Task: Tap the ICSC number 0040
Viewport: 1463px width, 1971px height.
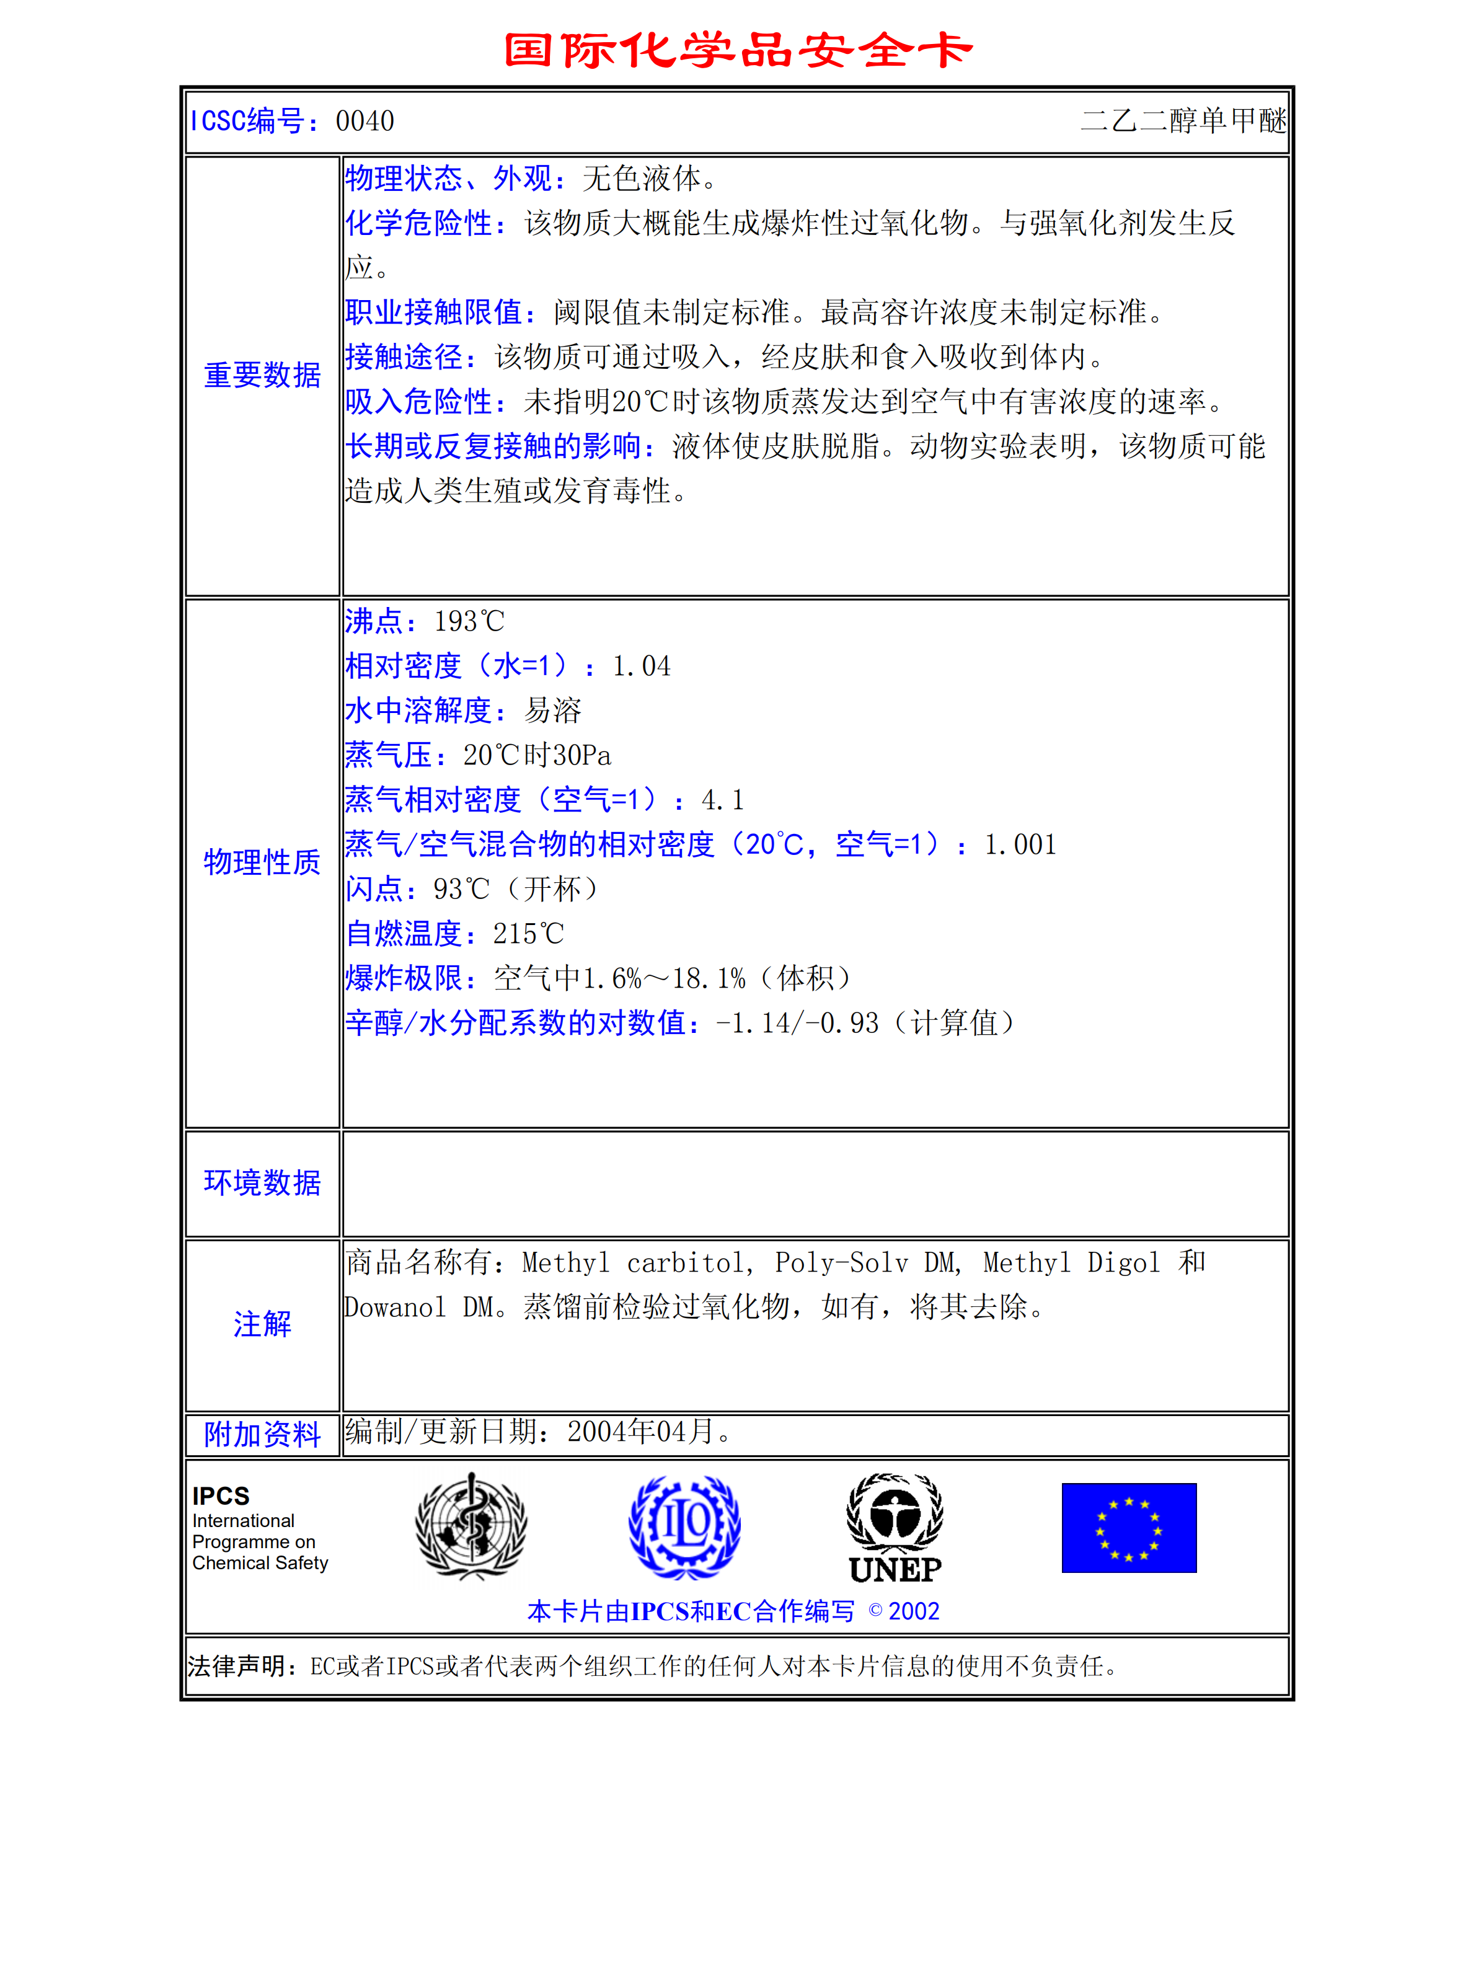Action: (365, 122)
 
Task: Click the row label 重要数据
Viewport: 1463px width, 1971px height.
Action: (262, 376)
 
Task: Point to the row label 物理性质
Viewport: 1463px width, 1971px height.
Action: (262, 862)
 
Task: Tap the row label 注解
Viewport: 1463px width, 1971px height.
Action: (262, 1324)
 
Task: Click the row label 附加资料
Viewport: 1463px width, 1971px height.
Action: (262, 1434)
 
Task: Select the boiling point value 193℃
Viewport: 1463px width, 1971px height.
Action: (469, 622)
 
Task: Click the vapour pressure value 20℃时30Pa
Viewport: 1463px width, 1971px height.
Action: (537, 756)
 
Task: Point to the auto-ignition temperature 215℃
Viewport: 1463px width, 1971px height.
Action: (529, 934)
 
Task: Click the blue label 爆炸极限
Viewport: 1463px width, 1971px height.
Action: (404, 979)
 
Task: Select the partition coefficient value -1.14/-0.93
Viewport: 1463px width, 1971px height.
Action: (797, 1023)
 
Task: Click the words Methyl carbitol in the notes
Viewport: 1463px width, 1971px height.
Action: (635, 1262)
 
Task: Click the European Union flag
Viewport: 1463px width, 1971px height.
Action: (1128, 1528)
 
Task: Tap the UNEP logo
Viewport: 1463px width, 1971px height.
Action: (895, 1528)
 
